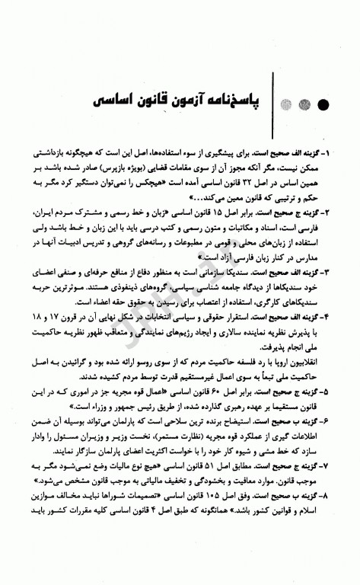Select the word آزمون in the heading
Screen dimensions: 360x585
click(x=186, y=101)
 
